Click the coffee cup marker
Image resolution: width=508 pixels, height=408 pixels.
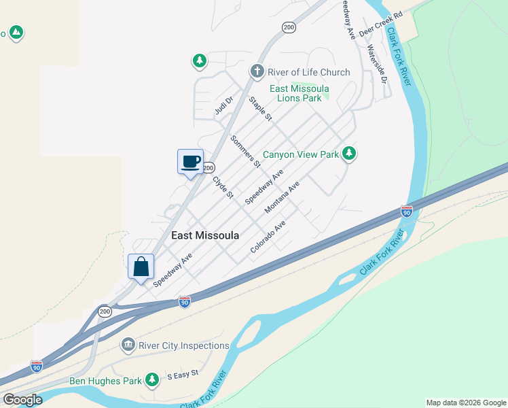(x=190, y=162)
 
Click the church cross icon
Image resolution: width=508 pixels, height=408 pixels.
(x=257, y=71)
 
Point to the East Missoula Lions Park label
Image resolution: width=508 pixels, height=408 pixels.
(x=299, y=93)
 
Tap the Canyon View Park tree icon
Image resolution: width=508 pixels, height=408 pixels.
(x=349, y=154)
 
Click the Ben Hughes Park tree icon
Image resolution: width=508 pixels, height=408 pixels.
(x=154, y=379)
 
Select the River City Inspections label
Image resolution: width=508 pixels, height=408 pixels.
(x=184, y=345)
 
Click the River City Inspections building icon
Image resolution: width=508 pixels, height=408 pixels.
(x=128, y=345)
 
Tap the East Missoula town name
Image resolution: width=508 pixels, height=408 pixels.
(x=205, y=235)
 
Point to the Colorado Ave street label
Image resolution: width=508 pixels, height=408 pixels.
(x=268, y=237)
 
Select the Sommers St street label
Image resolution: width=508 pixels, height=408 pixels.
(x=245, y=151)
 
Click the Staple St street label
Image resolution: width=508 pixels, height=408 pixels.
(x=260, y=109)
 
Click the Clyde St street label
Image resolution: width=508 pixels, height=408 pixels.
(x=223, y=187)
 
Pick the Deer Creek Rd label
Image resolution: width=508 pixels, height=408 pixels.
(x=381, y=23)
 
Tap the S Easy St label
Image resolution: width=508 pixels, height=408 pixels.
(x=182, y=373)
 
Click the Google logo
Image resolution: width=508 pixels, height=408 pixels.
(x=22, y=399)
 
